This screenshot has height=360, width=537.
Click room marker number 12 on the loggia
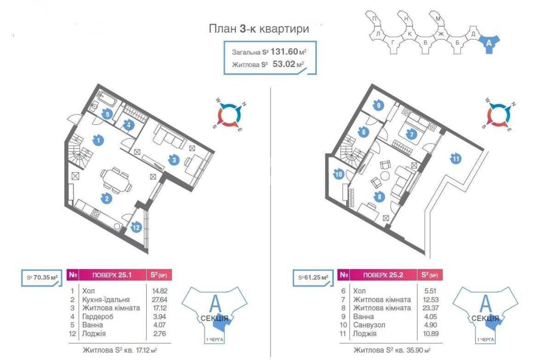click(x=136, y=228)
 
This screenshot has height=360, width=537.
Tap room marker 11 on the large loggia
click(x=456, y=158)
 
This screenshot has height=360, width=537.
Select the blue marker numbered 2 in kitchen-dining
click(x=106, y=198)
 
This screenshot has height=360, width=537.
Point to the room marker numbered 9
click(x=379, y=106)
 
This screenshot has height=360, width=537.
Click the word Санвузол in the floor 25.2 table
click(x=369, y=325)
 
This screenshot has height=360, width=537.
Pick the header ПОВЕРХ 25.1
click(x=112, y=275)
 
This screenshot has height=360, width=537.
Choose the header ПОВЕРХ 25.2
click(x=383, y=275)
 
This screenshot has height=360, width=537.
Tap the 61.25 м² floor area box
click(x=313, y=277)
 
